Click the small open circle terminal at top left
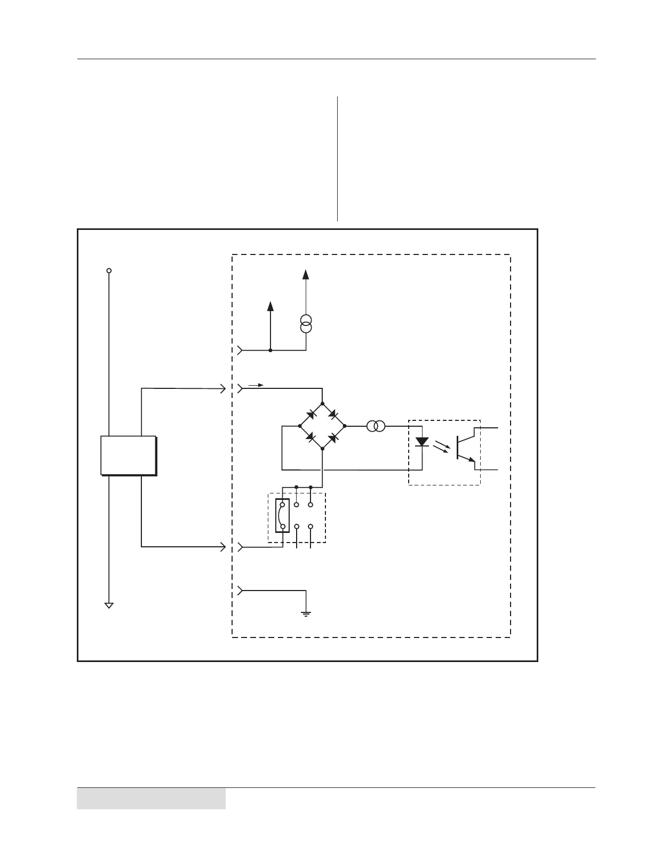(x=109, y=270)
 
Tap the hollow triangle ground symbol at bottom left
(x=109, y=605)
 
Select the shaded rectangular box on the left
(x=128, y=455)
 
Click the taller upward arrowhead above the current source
(x=306, y=274)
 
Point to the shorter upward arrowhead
(x=270, y=306)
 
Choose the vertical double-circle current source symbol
(x=306, y=324)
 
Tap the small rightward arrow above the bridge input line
(x=257, y=385)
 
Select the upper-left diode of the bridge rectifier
(x=310, y=414)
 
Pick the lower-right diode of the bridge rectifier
(x=333, y=438)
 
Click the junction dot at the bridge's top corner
(x=322, y=403)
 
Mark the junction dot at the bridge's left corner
(x=300, y=426)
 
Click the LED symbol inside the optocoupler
(x=422, y=442)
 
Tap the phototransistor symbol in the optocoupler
(x=465, y=448)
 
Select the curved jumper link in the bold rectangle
(x=280, y=515)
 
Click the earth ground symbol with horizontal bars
(x=306, y=612)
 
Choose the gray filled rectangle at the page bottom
(x=151, y=799)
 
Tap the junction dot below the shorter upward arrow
(x=270, y=350)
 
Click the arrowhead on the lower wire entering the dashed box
(x=223, y=547)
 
